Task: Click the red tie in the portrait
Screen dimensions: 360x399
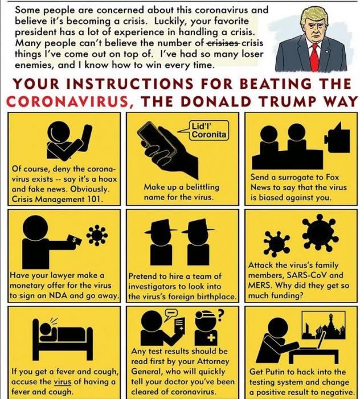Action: pyautogui.click(x=315, y=56)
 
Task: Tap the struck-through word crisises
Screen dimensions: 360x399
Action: pyautogui.click(x=223, y=43)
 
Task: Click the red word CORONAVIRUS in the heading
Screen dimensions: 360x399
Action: pyautogui.click(x=67, y=101)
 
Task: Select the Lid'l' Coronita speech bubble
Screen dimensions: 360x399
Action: pyautogui.click(x=208, y=131)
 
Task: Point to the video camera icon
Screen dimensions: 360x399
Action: pyautogui.click(x=337, y=138)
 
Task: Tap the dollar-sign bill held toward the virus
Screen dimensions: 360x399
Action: pyautogui.click(x=74, y=240)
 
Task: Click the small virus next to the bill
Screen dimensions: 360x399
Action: pyautogui.click(x=97, y=235)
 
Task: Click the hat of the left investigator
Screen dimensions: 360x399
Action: pyautogui.click(x=161, y=226)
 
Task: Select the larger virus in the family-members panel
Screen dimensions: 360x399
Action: pyautogui.click(x=320, y=232)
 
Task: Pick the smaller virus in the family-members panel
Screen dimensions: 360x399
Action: pyautogui.click(x=277, y=243)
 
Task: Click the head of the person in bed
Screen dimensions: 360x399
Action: pyautogui.click(x=46, y=329)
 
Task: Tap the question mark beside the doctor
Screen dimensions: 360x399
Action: pyautogui.click(x=220, y=315)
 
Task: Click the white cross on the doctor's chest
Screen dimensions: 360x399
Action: pyautogui.click(x=211, y=338)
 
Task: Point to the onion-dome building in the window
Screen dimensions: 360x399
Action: pyautogui.click(x=327, y=327)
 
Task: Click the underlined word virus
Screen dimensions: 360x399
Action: pyautogui.click(x=63, y=382)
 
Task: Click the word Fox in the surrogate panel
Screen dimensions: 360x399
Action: pyautogui.click(x=332, y=177)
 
